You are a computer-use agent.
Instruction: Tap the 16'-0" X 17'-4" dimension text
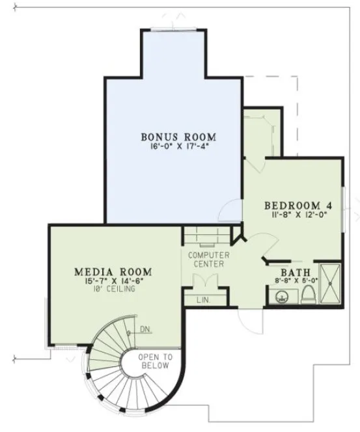point(178,146)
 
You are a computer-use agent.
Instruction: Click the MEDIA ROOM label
point(113,271)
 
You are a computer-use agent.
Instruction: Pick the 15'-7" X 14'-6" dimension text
point(113,280)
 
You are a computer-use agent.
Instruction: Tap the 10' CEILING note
point(113,289)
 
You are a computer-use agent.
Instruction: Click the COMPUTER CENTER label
point(206,259)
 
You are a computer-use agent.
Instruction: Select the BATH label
point(294,273)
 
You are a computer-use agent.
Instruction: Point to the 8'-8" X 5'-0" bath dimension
point(294,281)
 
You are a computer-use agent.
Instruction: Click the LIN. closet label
point(202,299)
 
